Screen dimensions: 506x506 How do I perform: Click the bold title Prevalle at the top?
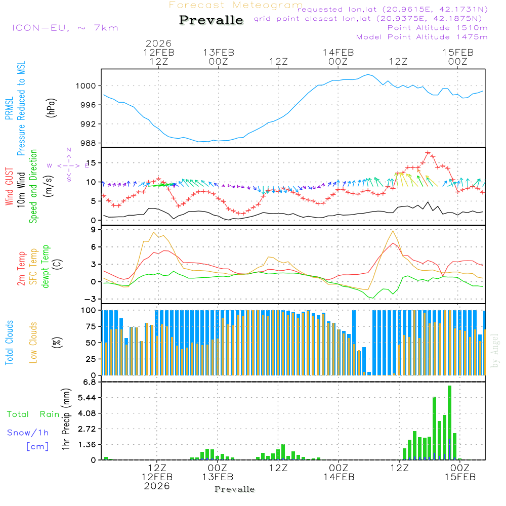click(211, 21)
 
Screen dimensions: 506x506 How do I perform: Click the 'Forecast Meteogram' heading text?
click(235, 5)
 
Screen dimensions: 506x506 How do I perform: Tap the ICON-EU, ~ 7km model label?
click(65, 27)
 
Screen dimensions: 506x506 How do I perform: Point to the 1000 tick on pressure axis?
click(86, 86)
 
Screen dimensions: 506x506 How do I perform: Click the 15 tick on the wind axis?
click(93, 162)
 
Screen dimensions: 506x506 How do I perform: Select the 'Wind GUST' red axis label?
click(9, 187)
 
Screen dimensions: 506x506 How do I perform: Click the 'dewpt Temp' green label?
click(46, 267)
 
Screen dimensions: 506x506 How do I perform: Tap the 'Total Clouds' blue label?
click(9, 343)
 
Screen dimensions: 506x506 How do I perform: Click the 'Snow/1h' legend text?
click(28, 433)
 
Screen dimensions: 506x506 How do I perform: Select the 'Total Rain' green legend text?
click(33, 414)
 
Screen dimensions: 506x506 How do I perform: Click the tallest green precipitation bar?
click(449, 423)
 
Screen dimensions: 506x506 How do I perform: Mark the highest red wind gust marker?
click(428, 152)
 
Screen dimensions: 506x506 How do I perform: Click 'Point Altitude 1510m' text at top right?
click(437, 27)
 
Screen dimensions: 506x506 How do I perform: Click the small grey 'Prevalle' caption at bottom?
click(235, 489)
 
